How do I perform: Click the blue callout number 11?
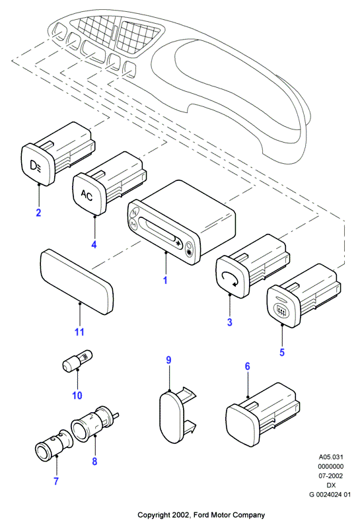(x=79, y=332)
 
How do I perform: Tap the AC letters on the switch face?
(x=87, y=195)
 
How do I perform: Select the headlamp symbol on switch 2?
(x=36, y=166)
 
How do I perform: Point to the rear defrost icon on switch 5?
(x=281, y=310)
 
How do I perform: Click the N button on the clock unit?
(x=134, y=213)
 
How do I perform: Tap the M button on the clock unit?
(x=133, y=223)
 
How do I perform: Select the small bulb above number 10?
(x=77, y=359)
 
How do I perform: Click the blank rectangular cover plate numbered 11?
(x=77, y=282)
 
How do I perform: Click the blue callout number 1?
(x=165, y=280)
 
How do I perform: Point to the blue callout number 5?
(x=282, y=352)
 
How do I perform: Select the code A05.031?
(x=331, y=457)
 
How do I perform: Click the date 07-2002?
(x=331, y=476)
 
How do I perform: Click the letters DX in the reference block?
(x=331, y=485)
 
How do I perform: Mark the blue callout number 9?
(x=168, y=360)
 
